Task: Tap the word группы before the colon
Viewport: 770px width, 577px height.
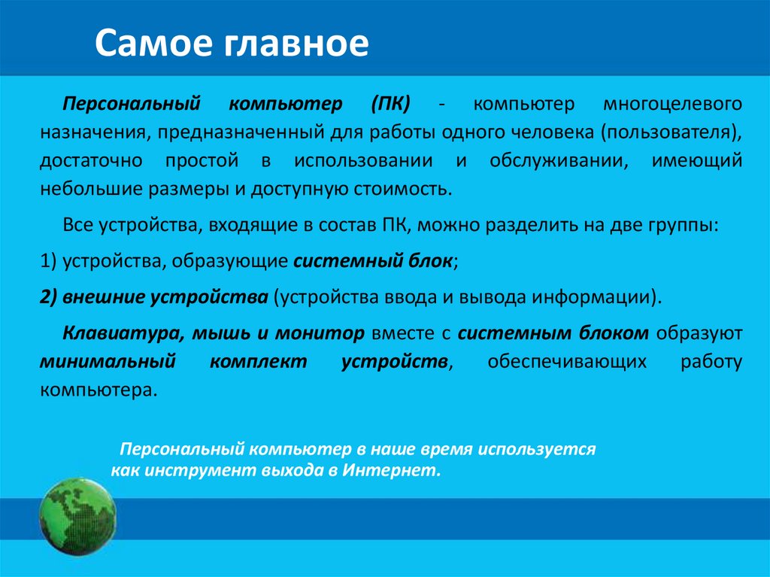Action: tap(681, 224)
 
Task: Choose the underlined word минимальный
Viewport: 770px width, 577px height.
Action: tap(107, 362)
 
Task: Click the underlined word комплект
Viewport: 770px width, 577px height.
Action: tap(258, 362)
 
